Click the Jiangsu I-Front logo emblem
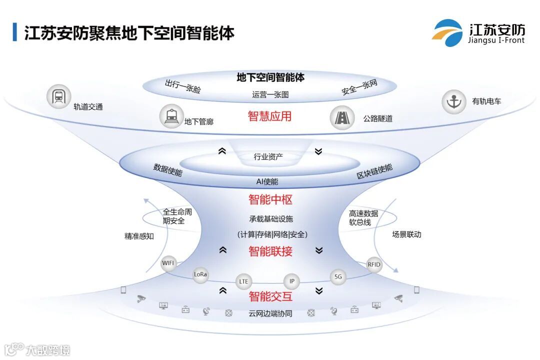pos(447,32)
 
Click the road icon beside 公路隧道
pos(342,117)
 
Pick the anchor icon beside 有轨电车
pos(454,101)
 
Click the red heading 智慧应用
pos(270,116)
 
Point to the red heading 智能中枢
pos(270,199)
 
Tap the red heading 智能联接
pos(270,251)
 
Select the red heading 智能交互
pos(270,296)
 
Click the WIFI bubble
pos(168,263)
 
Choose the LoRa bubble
pos(200,274)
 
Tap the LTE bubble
pos(243,281)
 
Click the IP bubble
pos(292,281)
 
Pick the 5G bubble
pos(338,276)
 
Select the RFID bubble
pos(374,265)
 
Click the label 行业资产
pos(268,157)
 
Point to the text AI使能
pos(267,181)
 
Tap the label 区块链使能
pos(374,171)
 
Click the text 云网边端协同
pos(270,314)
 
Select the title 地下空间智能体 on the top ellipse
pos(270,77)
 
